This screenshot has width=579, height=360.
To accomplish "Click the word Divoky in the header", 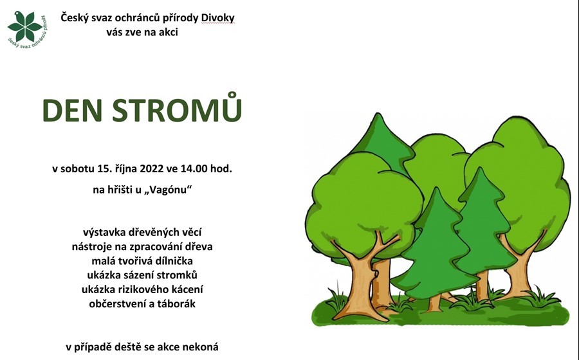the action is point(218,18).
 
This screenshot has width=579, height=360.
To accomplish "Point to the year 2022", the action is point(152,168).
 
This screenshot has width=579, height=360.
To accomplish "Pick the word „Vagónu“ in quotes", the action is point(169,190).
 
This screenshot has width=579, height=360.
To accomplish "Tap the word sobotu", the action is point(78,168).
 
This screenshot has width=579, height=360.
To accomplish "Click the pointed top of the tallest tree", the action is point(378,114).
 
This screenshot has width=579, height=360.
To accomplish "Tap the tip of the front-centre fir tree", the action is point(436,188).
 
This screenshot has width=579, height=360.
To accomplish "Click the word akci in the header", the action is point(169,32).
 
